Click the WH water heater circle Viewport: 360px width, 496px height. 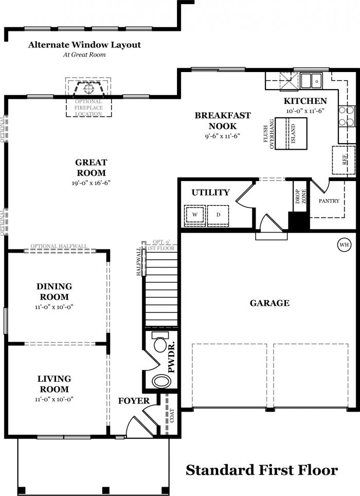point(344,244)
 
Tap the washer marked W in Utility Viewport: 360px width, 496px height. point(195,215)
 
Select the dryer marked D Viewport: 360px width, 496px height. point(218,215)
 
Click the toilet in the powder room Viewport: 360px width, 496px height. point(160,342)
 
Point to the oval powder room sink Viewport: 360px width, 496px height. point(161,381)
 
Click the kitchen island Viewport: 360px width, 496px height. point(291,133)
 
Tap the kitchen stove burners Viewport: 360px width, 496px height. point(347,116)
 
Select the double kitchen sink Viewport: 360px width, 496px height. point(311,81)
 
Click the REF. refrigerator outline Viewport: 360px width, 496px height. point(343,160)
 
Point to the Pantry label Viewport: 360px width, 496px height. point(329,201)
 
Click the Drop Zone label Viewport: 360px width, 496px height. point(300,197)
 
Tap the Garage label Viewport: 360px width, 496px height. point(269,303)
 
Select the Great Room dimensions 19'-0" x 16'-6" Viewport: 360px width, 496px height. point(91,183)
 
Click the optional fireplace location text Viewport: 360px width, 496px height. point(88,108)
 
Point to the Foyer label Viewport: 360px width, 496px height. point(134,401)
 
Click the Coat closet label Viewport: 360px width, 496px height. point(172,415)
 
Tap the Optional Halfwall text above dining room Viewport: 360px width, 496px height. point(59,246)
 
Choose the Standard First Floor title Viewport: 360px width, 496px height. point(262,470)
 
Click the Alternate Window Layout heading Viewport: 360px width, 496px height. point(84,45)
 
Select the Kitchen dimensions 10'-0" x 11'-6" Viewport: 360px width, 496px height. point(305,111)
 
